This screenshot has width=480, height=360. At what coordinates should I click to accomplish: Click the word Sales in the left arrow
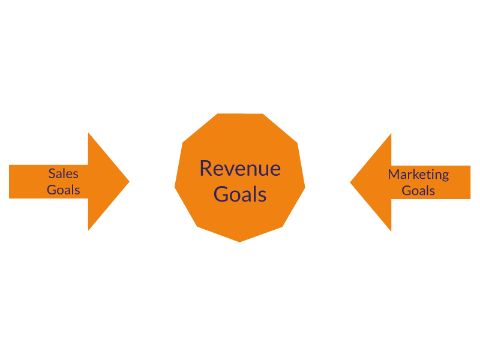[x=64, y=174]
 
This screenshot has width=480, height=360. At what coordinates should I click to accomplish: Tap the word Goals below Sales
[x=64, y=190]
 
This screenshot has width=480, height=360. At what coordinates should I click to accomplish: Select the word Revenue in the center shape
[x=239, y=168]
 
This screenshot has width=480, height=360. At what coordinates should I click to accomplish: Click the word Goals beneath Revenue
[x=239, y=194]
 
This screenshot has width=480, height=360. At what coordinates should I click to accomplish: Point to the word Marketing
[x=418, y=175]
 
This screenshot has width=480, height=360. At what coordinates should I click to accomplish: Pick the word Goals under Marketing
[x=418, y=191]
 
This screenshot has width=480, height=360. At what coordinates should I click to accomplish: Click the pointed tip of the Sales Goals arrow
[x=129, y=181]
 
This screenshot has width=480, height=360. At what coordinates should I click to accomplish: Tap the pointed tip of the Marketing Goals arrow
[x=350, y=182]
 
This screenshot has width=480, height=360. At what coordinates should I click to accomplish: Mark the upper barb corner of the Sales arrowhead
[x=88, y=133]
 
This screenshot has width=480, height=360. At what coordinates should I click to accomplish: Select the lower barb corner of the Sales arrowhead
[x=88, y=230]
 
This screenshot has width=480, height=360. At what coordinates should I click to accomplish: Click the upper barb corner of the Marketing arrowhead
[x=391, y=134]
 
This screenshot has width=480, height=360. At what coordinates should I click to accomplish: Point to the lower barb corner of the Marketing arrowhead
[x=391, y=230]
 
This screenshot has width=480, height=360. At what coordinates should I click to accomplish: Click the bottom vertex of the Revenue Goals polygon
[x=239, y=242]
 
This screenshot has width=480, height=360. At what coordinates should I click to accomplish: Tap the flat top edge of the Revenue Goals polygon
[x=239, y=114]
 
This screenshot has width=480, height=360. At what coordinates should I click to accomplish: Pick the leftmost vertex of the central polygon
[x=175, y=187]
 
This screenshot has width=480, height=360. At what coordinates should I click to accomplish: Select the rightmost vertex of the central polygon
[x=305, y=187]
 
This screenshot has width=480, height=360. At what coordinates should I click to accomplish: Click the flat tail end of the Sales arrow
[x=10, y=181]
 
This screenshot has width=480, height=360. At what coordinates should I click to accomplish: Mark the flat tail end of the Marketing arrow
[x=470, y=182]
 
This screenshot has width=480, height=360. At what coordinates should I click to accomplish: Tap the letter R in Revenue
[x=206, y=168]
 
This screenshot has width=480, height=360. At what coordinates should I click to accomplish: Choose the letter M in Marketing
[x=394, y=175]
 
